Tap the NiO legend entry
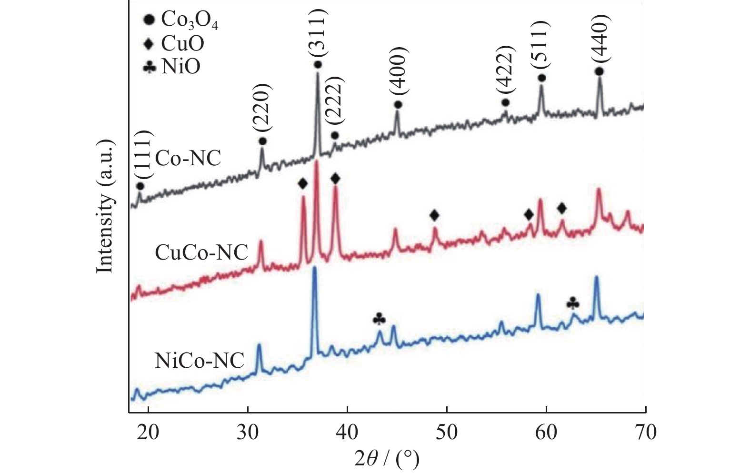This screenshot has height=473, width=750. (x=172, y=66)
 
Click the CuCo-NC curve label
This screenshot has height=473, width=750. (x=201, y=252)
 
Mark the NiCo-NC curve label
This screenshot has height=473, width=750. (x=200, y=361)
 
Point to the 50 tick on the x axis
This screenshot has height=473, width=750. (x=447, y=432)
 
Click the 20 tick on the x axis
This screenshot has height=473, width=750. (x=148, y=432)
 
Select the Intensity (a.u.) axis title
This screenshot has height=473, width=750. (x=105, y=206)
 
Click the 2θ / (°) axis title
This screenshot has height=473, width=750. (x=387, y=459)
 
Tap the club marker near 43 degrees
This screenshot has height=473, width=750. (x=380, y=318)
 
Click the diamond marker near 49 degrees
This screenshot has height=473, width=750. (x=434, y=215)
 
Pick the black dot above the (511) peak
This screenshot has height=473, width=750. (x=541, y=78)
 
